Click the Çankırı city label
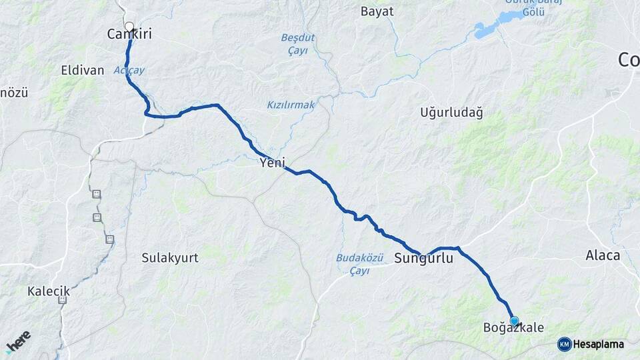(129, 34)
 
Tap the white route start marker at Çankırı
(129, 27)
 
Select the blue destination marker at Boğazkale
(514, 321)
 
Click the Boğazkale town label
(513, 328)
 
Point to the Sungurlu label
(423, 258)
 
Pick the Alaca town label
(603, 255)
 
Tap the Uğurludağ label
(451, 112)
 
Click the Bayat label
(377, 11)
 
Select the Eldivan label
(83, 70)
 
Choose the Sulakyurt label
(170, 258)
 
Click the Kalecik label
(49, 291)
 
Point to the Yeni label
(273, 162)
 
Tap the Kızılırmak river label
(291, 105)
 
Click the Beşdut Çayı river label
(297, 43)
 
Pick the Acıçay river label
(129, 70)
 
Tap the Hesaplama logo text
(599, 345)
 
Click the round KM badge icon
(564, 345)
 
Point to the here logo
(18, 342)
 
